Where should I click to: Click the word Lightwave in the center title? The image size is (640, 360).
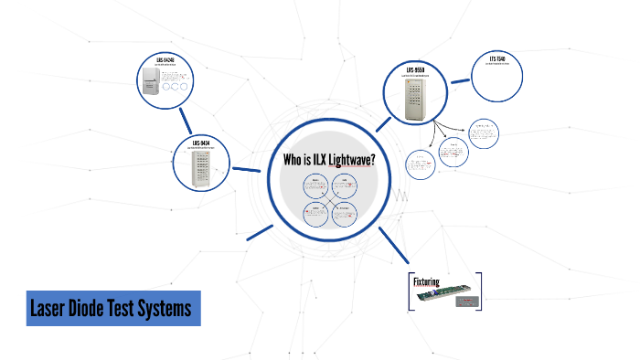point(350,160)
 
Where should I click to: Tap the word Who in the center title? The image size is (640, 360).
point(294,160)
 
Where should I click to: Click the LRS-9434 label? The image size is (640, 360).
point(200,143)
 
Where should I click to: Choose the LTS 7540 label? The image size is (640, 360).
point(497,60)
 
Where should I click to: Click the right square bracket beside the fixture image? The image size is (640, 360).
point(478,291)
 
